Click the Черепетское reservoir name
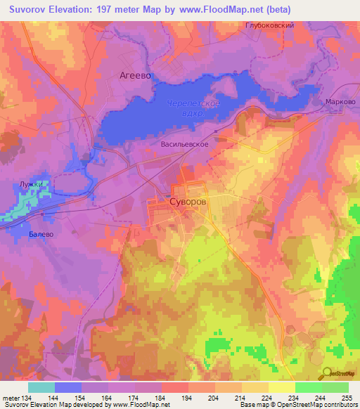click(x=194, y=104)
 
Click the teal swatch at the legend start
click(x=41, y=387)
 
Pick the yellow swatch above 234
click(x=281, y=387)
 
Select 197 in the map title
click(x=109, y=10)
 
